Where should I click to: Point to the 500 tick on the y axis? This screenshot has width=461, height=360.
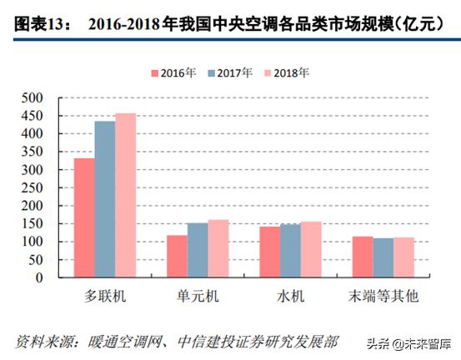point(43,97)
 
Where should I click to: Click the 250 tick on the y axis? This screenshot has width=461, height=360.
point(43,187)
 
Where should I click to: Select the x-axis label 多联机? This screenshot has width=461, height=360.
point(105,297)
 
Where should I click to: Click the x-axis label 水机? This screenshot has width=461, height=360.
point(290,297)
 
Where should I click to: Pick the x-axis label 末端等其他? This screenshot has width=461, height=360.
point(383,297)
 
